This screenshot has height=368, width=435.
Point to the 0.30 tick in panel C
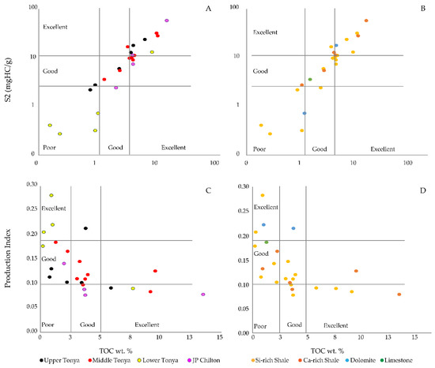28,185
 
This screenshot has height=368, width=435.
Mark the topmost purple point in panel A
167,21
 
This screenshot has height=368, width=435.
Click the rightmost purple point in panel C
203,295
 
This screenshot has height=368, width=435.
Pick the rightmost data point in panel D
399,295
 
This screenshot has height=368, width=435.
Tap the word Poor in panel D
262,325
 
